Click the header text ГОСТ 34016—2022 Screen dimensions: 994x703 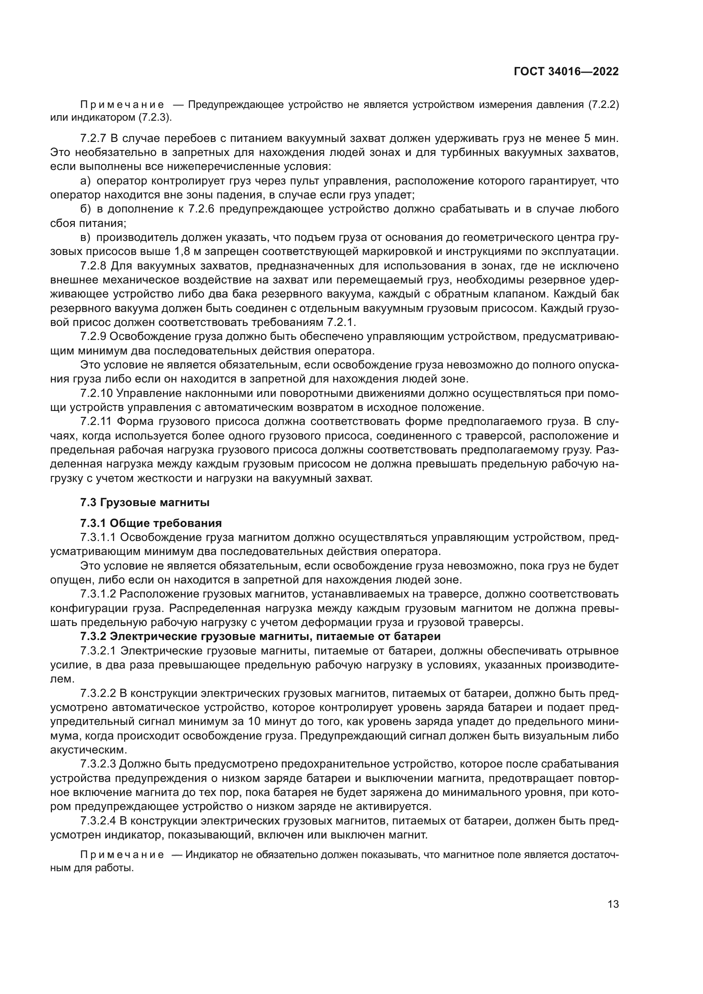pyautogui.click(x=566, y=72)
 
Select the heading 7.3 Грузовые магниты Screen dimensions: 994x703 pyautogui.click(x=145, y=503)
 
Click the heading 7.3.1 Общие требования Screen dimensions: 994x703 pyautogui.click(x=151, y=524)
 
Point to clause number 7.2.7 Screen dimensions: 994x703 pyautogui.click(x=93, y=139)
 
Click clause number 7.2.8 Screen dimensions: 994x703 pyautogui.click(x=93, y=265)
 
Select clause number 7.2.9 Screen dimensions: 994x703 pyautogui.click(x=93, y=337)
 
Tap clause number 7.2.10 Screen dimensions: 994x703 pyautogui.click(x=96, y=393)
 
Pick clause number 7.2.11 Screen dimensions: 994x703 pyautogui.click(x=96, y=421)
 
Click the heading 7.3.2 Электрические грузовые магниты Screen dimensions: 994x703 pyautogui.click(x=260, y=637)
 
